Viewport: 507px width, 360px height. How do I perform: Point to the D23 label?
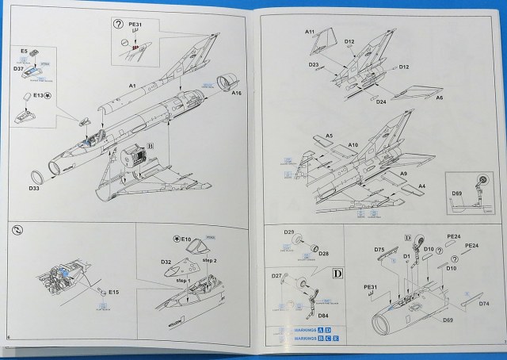point(314,65)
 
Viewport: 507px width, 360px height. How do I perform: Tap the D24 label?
point(380,101)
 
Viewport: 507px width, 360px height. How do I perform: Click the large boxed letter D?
point(337,274)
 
